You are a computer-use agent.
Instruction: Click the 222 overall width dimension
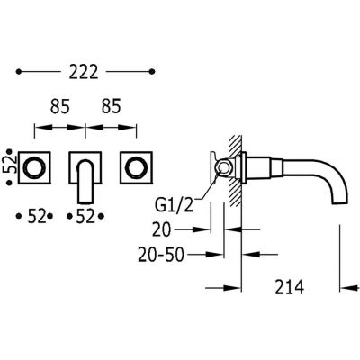point(84,72)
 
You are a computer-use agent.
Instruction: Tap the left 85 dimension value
point(60,106)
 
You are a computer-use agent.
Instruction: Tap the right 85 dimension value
point(111,106)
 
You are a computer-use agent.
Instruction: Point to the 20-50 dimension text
point(160,255)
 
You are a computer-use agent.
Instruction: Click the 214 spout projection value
point(290,287)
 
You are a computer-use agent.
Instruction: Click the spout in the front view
point(86,182)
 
